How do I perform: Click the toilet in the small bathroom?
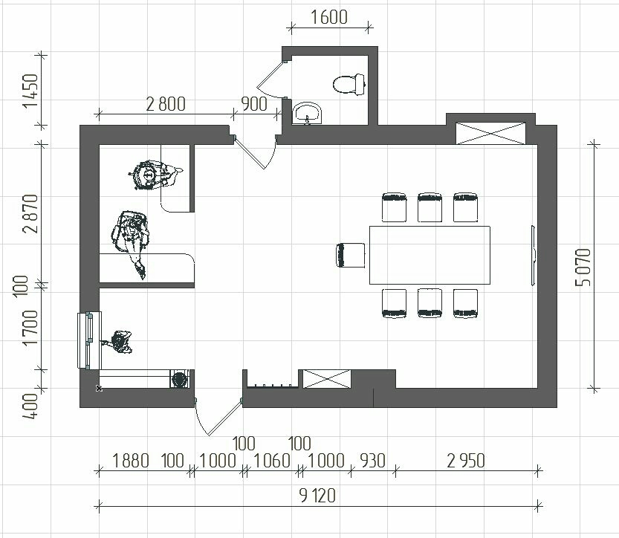pyautogui.click(x=349, y=84)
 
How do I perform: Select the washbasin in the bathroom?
pyautogui.click(x=308, y=113)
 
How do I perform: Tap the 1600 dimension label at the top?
pyautogui.click(x=329, y=17)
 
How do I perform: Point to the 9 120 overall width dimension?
pyautogui.click(x=317, y=496)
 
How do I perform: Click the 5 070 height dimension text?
pyautogui.click(x=583, y=268)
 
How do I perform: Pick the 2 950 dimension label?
pyautogui.click(x=466, y=461)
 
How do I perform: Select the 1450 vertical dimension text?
pyautogui.click(x=30, y=91)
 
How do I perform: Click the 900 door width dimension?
pyautogui.click(x=254, y=104)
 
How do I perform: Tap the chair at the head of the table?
pyautogui.click(x=351, y=255)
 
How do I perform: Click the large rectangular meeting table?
pyautogui.click(x=430, y=255)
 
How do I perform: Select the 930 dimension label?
pyautogui.click(x=373, y=461)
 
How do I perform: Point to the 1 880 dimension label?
pyautogui.click(x=131, y=461)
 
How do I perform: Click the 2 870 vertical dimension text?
pyautogui.click(x=30, y=213)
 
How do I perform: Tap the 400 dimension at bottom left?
pyautogui.click(x=30, y=406)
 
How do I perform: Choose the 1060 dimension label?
pyautogui.click(x=272, y=461)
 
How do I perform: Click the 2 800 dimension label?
pyautogui.click(x=166, y=104)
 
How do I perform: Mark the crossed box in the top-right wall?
pyautogui.click(x=490, y=134)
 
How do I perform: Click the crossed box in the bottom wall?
pyautogui.click(x=326, y=379)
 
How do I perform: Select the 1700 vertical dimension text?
pyautogui.click(x=30, y=328)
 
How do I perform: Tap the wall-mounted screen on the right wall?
pyautogui.click(x=533, y=256)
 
